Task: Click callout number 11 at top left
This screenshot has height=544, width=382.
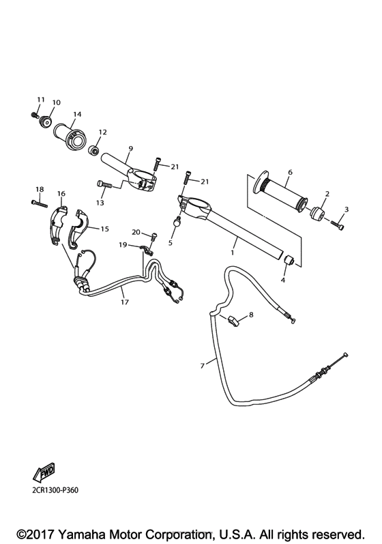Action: (x=40, y=100)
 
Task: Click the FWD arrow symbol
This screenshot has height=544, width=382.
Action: (x=43, y=472)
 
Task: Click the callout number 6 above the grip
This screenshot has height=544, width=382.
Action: (x=289, y=171)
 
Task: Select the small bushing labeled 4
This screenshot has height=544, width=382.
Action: (x=289, y=260)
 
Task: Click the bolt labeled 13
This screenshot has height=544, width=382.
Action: (x=104, y=184)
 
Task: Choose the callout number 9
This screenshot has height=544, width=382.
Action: (x=130, y=148)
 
